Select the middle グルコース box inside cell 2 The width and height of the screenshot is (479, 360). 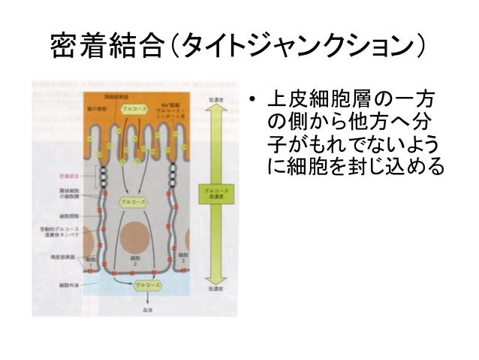(135, 201)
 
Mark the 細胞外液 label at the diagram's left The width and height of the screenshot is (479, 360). (72, 286)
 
